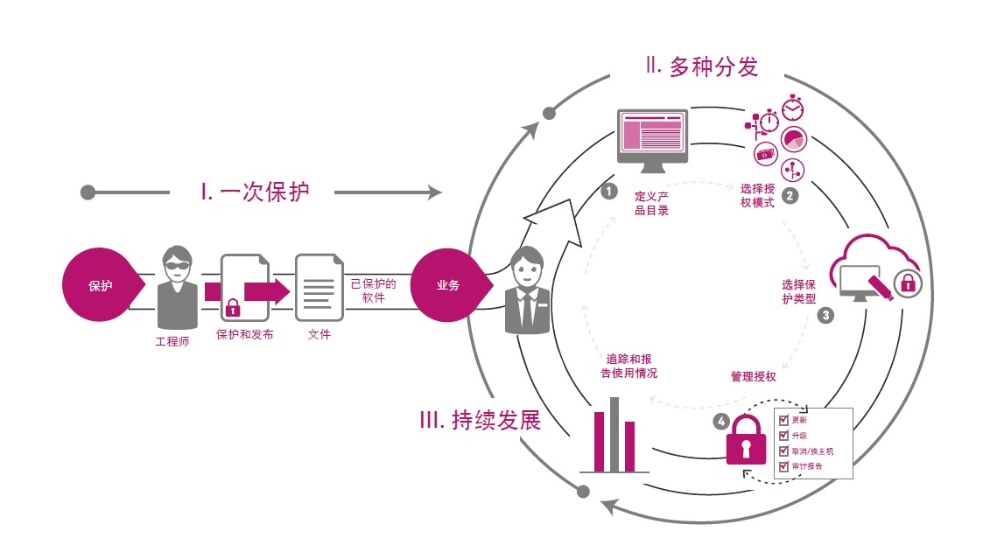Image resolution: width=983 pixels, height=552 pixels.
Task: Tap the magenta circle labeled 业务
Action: (447, 285)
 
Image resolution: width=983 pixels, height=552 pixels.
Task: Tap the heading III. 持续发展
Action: (480, 421)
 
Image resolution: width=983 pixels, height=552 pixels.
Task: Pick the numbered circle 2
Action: (790, 196)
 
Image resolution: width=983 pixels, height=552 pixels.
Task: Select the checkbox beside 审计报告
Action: (783, 465)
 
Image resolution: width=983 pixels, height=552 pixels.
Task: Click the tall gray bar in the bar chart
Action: (614, 434)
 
